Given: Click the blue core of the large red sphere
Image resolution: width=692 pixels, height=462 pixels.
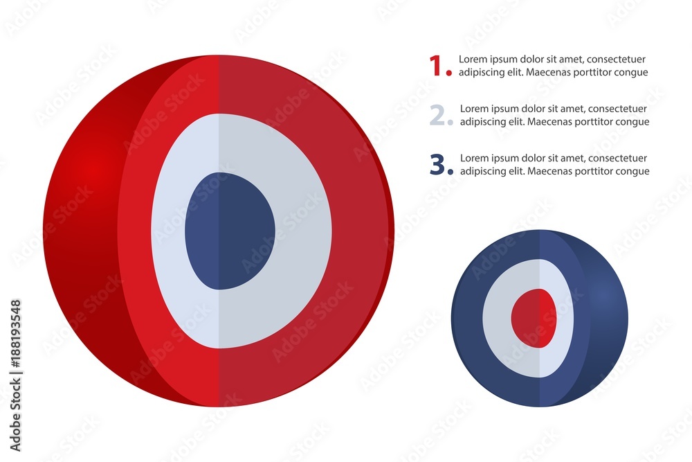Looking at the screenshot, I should [230, 231].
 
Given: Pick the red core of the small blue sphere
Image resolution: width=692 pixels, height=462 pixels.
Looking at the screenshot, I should [534, 318].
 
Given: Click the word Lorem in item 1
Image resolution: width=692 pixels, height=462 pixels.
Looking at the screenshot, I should [473, 59].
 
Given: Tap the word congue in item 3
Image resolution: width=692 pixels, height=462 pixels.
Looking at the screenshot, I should [632, 171].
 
